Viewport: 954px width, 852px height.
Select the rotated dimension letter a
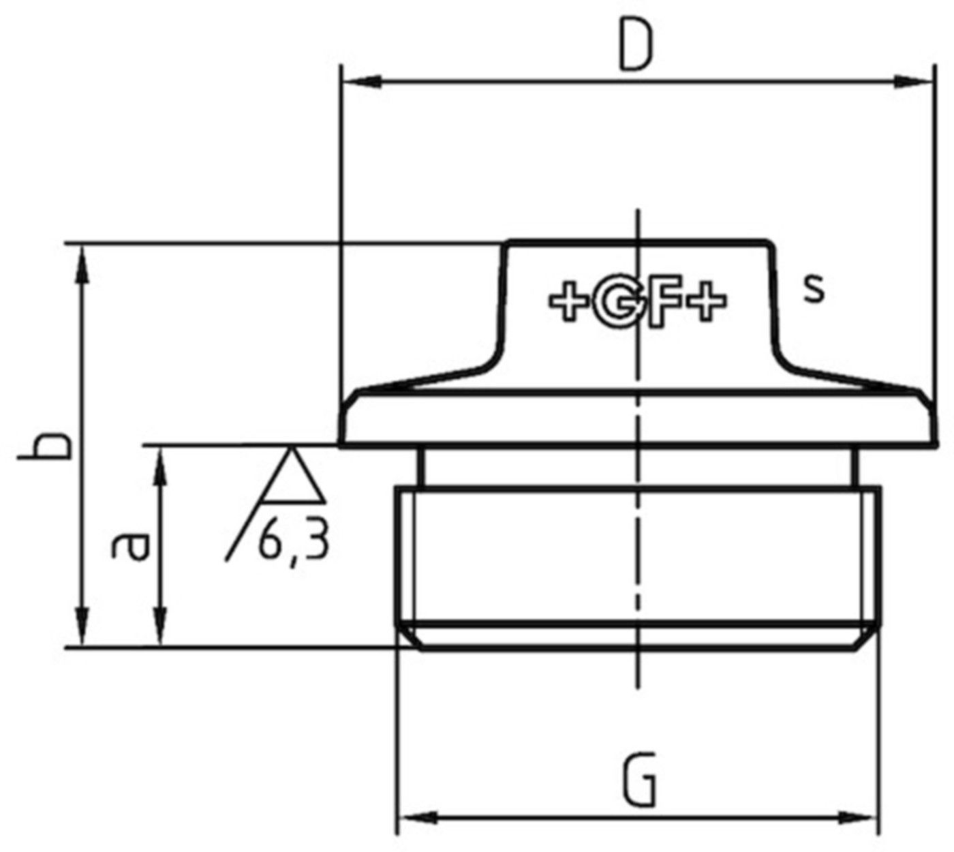click(129, 546)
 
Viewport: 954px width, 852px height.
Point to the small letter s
click(813, 288)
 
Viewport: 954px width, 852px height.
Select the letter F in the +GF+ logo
click(663, 301)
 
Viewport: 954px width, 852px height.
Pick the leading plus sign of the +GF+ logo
click(569, 301)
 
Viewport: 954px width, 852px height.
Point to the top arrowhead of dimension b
click(83, 262)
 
